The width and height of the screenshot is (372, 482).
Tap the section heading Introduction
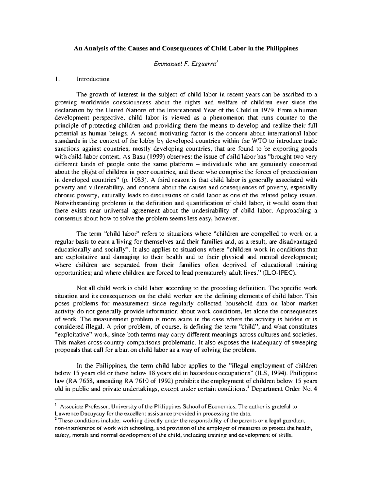93,79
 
